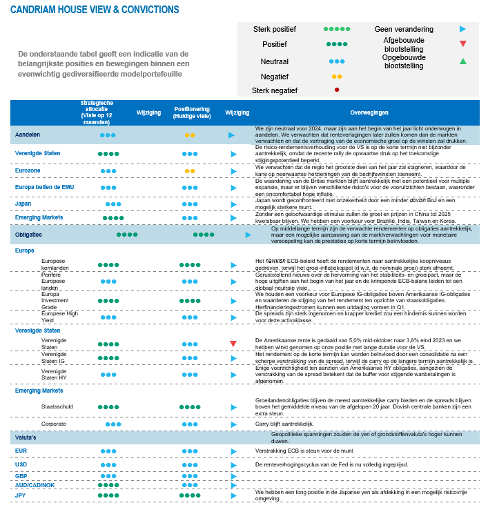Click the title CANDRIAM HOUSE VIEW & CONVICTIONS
(x=95, y=10)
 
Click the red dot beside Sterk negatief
(x=336, y=90)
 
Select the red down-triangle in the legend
(x=462, y=43)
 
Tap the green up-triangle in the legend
(x=462, y=61)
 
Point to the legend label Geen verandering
(x=404, y=30)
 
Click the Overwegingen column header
(x=369, y=112)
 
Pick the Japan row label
(x=23, y=204)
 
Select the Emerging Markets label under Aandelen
(x=39, y=217)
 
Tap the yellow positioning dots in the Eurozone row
(x=189, y=170)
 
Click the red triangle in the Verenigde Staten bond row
(x=233, y=344)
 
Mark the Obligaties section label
(x=28, y=235)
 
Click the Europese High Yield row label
(x=59, y=317)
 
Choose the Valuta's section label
(x=26, y=437)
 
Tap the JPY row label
(x=21, y=495)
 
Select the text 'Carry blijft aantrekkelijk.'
(x=289, y=424)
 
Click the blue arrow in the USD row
(x=233, y=465)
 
